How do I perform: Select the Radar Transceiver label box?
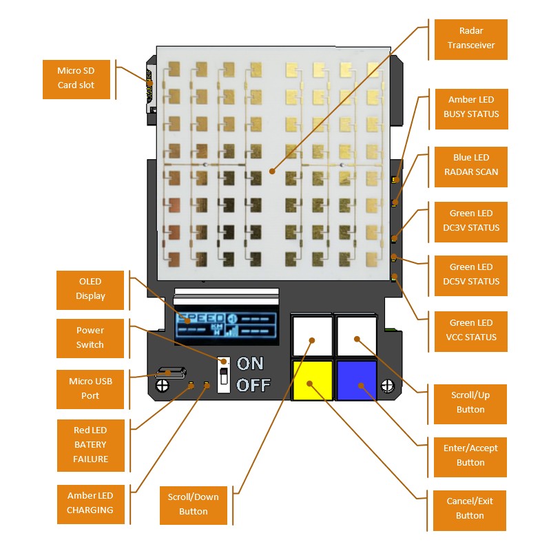coord(470,39)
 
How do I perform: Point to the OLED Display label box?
coord(90,289)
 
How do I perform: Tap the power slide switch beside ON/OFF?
coord(223,375)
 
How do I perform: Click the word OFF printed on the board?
coord(253,384)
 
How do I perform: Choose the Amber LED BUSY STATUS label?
coord(470,107)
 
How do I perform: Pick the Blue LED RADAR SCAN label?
coord(470,165)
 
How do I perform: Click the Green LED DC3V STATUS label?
coord(470,221)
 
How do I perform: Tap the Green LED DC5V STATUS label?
coord(470,274)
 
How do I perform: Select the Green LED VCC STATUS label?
coord(470,330)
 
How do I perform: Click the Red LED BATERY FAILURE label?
coord(90,445)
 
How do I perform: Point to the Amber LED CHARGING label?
coord(90,503)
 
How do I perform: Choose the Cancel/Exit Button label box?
coord(470,508)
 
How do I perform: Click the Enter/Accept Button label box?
coord(470,455)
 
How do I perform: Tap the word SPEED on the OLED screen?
coord(200,318)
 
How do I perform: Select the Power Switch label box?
coord(90,337)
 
